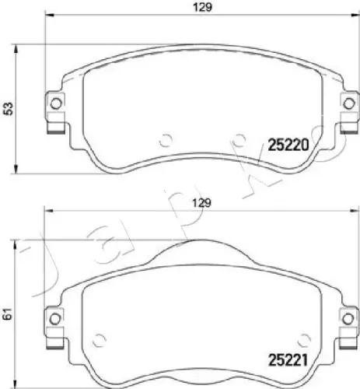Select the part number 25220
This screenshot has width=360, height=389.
(289, 144)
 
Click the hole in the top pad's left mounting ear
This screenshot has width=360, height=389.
(55, 104)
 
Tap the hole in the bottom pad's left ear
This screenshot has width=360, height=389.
(55, 317)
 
